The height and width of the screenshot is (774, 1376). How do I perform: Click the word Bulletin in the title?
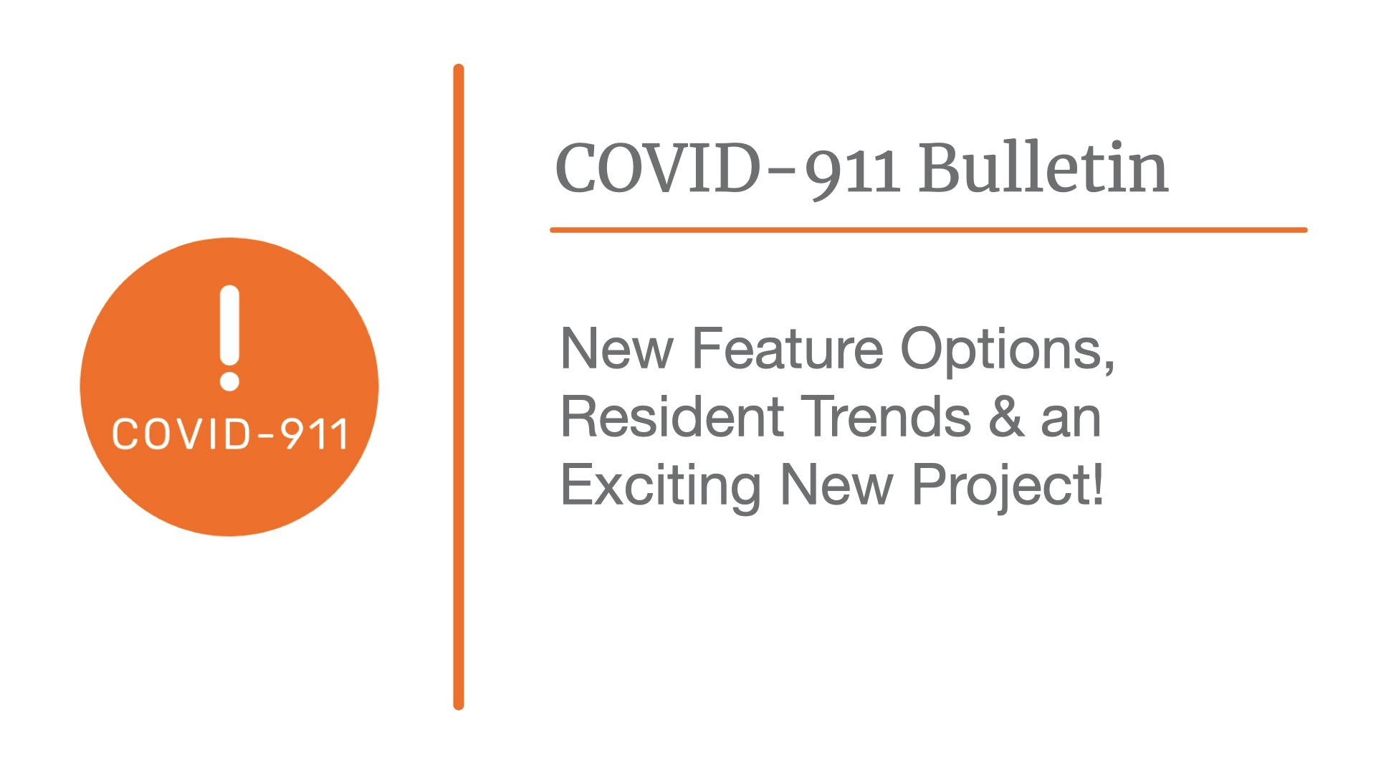click(x=1043, y=168)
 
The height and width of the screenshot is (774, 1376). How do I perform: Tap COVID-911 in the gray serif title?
click(x=727, y=170)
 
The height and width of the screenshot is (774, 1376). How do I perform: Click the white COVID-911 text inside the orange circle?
click(x=230, y=434)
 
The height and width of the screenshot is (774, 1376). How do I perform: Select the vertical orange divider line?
click(x=459, y=387)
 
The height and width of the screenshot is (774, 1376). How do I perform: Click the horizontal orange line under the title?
click(x=929, y=230)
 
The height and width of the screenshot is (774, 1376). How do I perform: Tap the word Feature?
click(x=788, y=349)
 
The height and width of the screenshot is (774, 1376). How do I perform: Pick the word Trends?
click(x=886, y=417)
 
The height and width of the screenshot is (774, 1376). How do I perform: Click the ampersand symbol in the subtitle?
click(x=1006, y=417)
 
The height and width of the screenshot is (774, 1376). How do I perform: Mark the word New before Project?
click(x=837, y=485)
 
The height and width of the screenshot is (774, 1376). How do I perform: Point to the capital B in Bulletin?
click(x=943, y=168)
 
